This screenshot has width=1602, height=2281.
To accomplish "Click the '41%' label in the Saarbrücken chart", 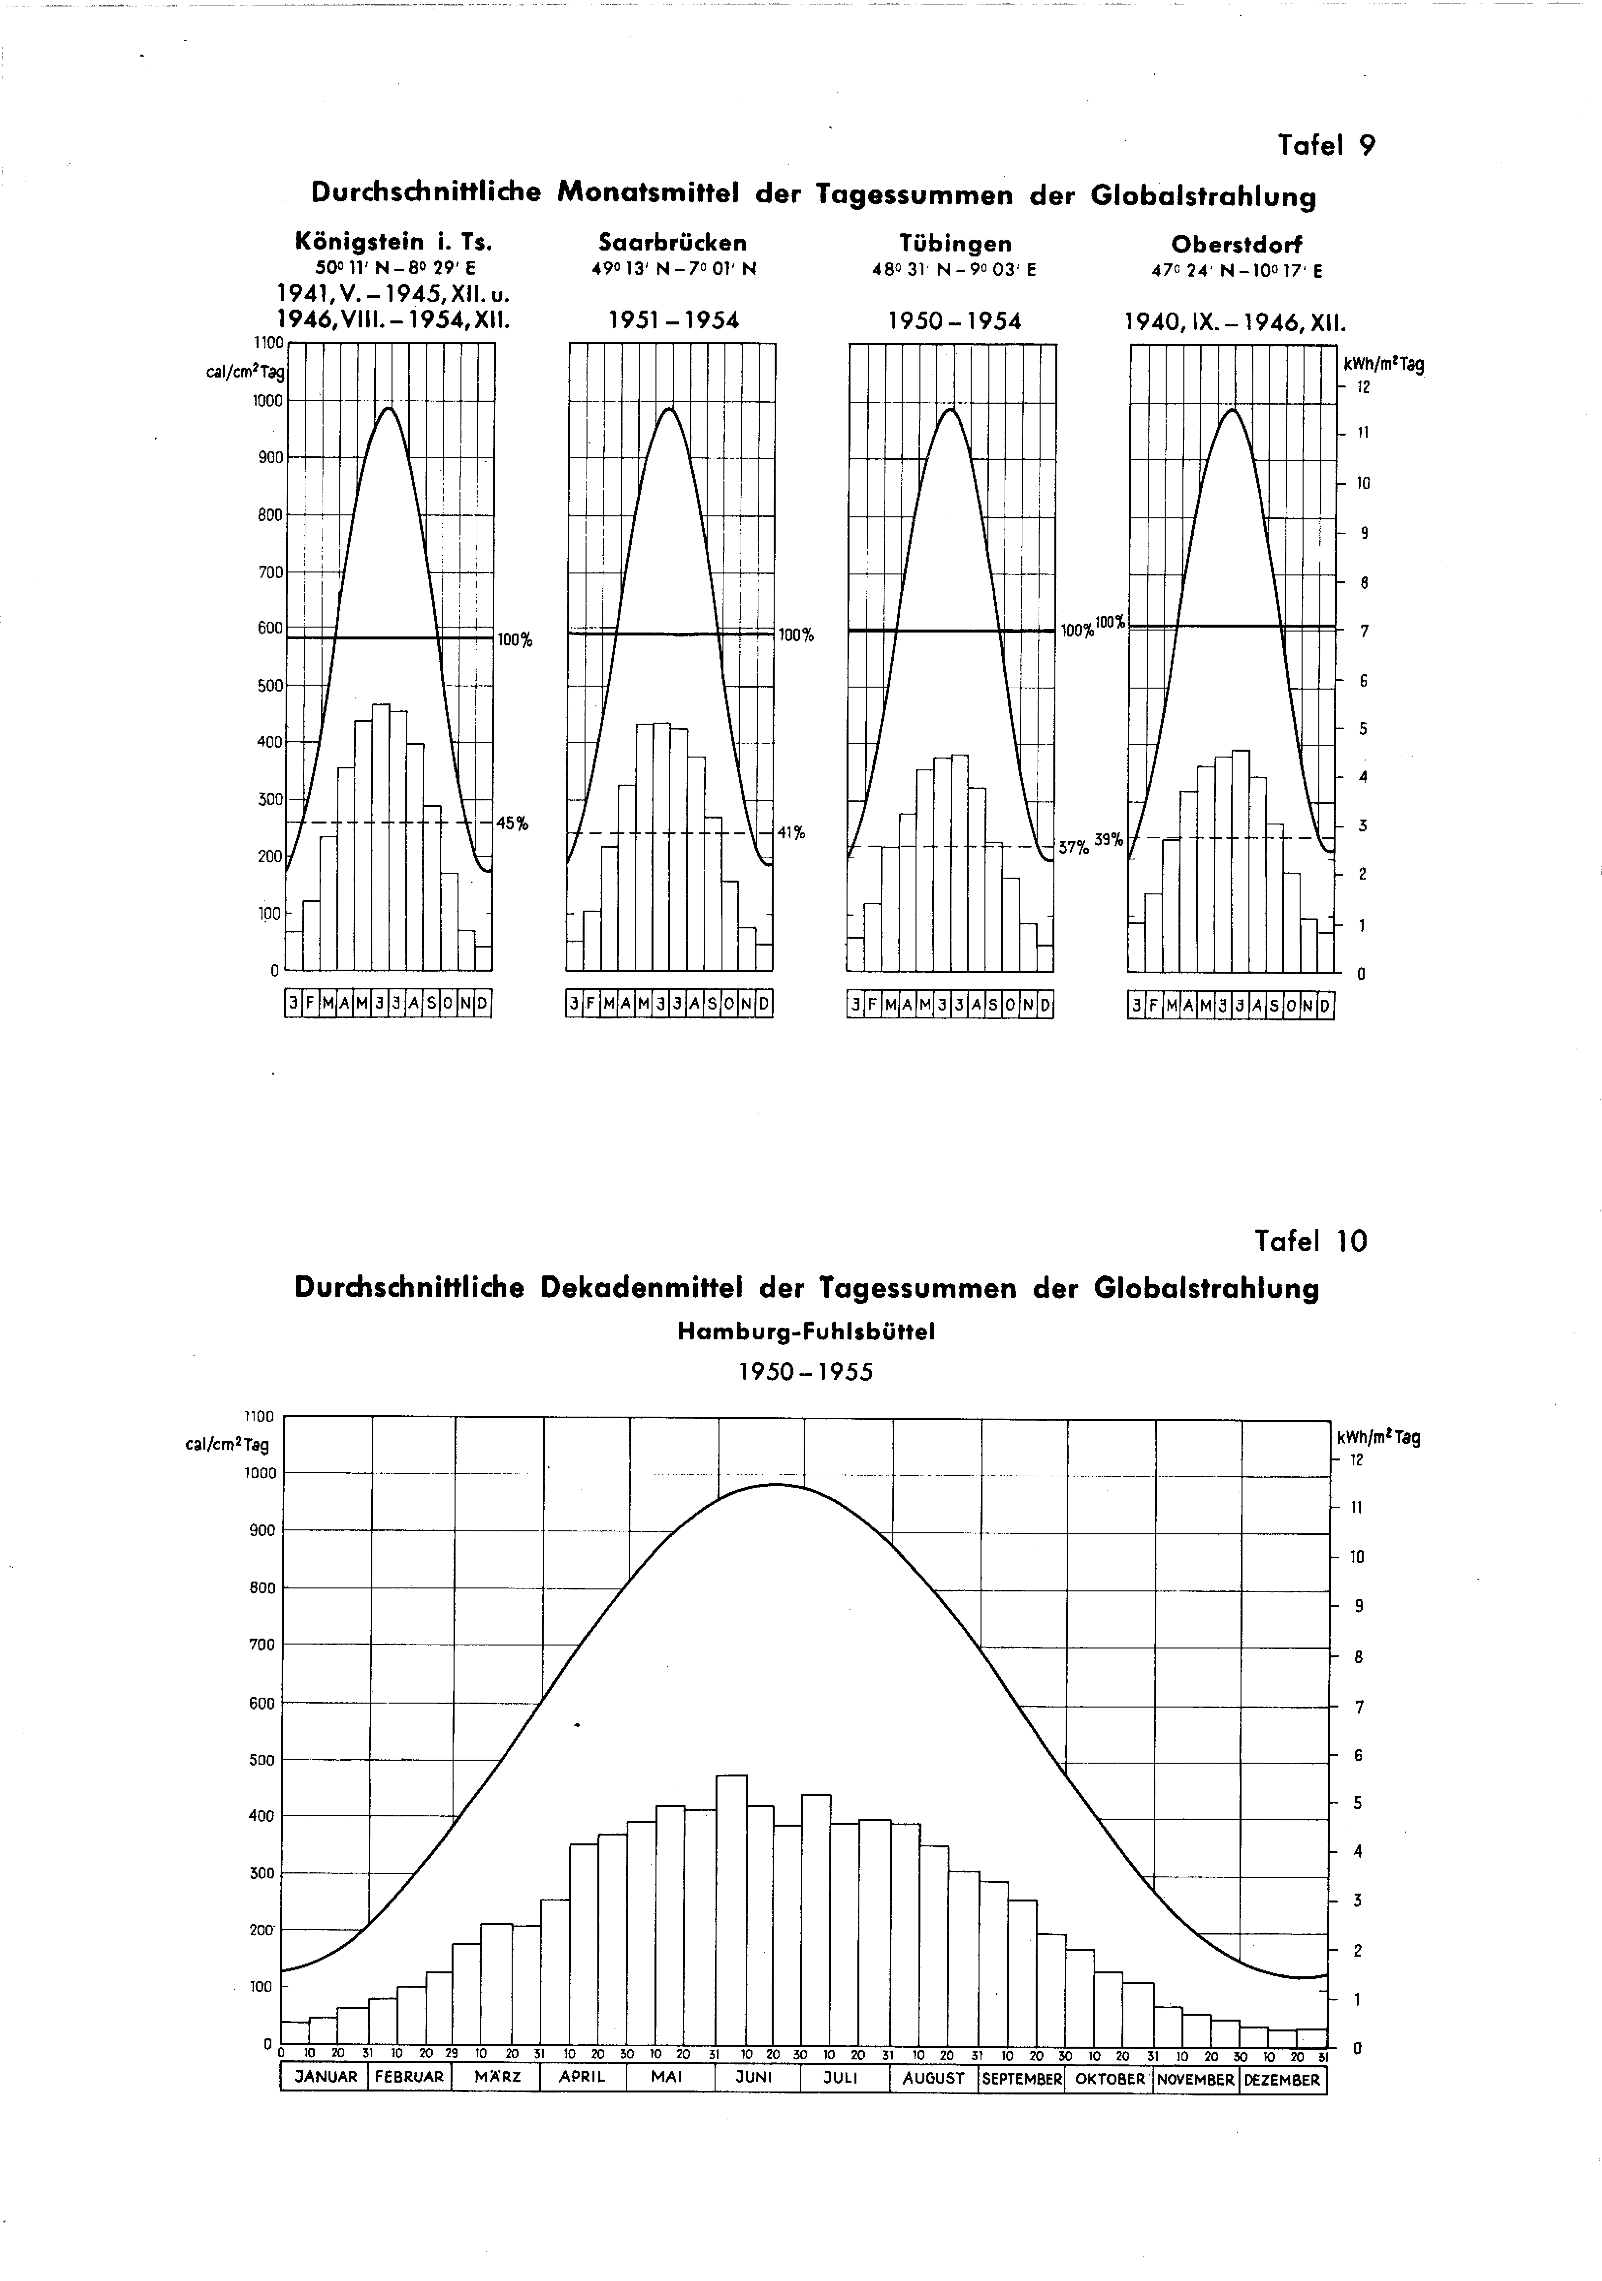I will [791, 833].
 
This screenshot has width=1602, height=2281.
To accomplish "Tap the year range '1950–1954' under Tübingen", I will [954, 321].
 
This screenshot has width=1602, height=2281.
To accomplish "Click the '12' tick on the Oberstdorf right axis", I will [1364, 386].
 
